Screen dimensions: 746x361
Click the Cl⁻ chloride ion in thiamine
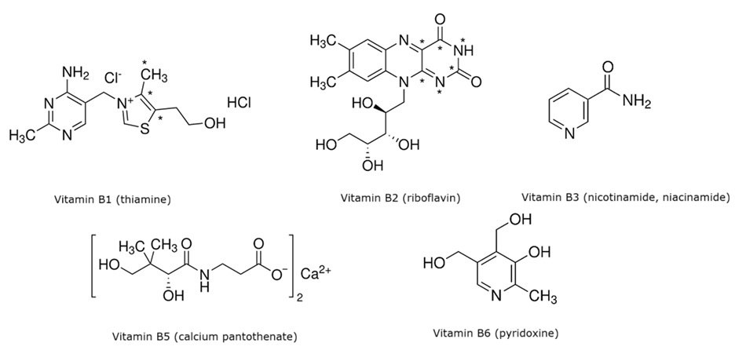coord(115,78)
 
